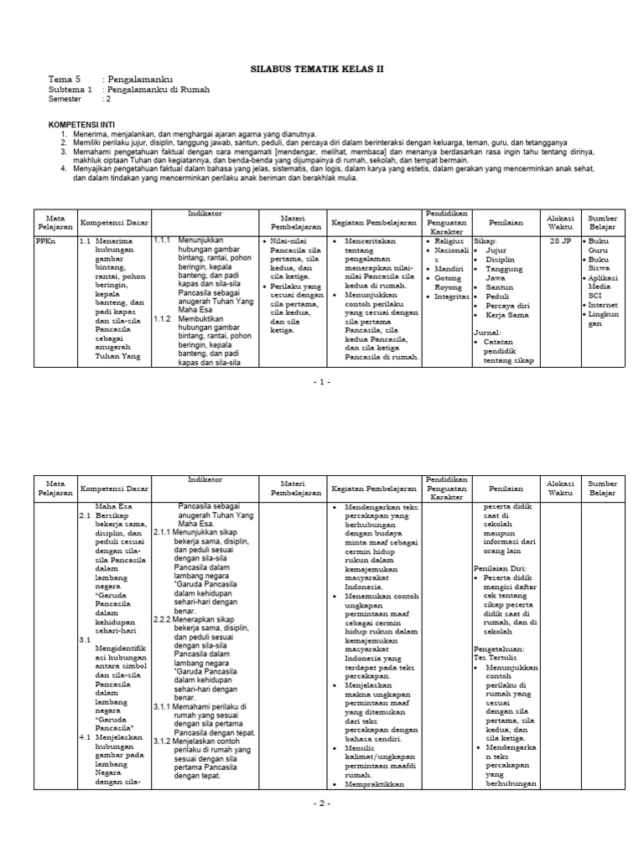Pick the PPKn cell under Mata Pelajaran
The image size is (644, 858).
tap(46, 240)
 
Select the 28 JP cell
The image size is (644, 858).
tap(559, 240)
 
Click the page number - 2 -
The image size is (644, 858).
tap(322, 803)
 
